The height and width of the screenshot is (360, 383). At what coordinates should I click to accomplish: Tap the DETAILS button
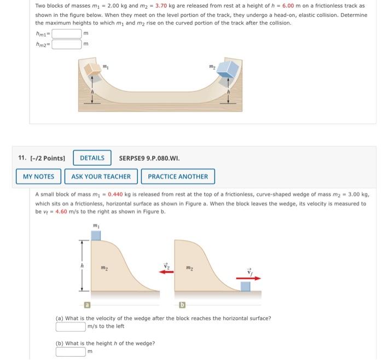click(x=92, y=158)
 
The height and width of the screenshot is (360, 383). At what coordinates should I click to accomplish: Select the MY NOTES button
click(x=39, y=176)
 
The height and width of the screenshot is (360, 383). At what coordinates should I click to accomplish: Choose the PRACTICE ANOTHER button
click(x=178, y=176)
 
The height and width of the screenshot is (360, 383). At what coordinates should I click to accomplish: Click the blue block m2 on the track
click(x=227, y=69)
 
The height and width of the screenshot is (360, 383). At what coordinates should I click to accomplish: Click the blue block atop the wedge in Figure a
click(x=96, y=235)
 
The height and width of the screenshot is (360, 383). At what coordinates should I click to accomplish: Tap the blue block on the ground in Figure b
click(x=246, y=286)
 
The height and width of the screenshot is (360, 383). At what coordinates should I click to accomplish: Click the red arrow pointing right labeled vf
click(x=248, y=278)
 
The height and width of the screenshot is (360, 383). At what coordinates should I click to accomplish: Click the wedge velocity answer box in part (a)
click(x=71, y=327)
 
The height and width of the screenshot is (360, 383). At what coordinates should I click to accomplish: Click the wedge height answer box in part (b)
click(x=71, y=351)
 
